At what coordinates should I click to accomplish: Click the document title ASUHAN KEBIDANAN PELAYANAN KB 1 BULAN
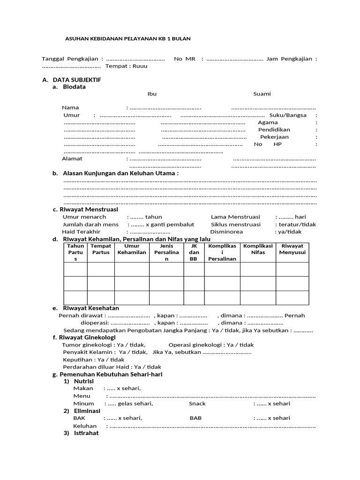click(x=127, y=38)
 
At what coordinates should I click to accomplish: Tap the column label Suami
click(x=262, y=94)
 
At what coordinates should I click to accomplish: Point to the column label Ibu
click(x=152, y=94)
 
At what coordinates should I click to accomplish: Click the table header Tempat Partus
click(x=101, y=249)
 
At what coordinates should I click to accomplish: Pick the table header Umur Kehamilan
click(x=132, y=249)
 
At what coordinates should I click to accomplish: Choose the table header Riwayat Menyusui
click(x=292, y=249)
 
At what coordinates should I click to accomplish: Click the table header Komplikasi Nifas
click(x=258, y=249)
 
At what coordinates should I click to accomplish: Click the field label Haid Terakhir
click(x=82, y=232)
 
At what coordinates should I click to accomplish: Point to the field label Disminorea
click(x=226, y=232)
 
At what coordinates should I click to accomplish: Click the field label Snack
click(x=197, y=404)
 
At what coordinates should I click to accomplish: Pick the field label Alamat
click(x=72, y=158)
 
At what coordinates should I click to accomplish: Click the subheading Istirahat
click(x=86, y=433)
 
